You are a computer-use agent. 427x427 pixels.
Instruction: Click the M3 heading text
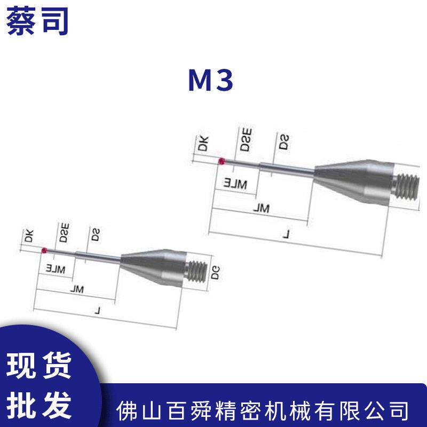coord(210,82)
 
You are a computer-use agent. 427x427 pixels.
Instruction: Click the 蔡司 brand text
coord(37,20)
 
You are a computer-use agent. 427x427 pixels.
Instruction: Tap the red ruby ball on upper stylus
coord(222,162)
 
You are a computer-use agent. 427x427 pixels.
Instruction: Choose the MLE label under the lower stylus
coord(55,268)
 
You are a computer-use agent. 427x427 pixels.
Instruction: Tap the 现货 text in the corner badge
coord(41,368)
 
